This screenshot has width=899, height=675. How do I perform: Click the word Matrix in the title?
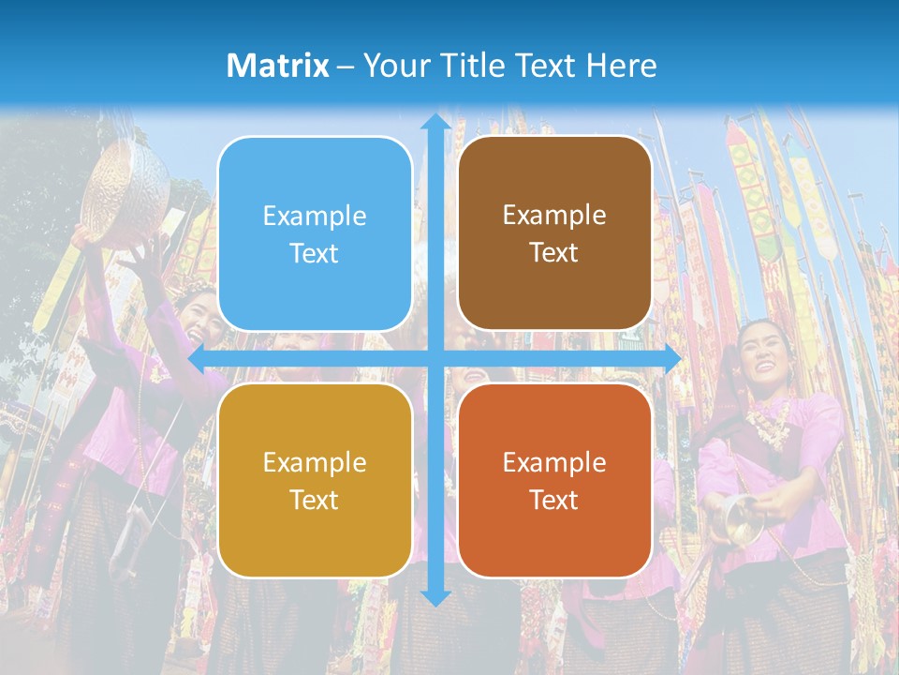[277, 66]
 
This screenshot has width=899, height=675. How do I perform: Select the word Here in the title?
[621, 66]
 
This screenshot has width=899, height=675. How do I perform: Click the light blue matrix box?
[315, 233]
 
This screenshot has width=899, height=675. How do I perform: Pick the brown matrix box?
[554, 233]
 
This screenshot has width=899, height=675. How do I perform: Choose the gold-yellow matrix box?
[315, 480]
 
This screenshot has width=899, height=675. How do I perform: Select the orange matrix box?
[554, 480]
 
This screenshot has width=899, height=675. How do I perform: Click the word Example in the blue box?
[315, 217]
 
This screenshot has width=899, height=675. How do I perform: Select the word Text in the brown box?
[554, 253]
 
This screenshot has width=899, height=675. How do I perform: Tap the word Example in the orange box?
[554, 462]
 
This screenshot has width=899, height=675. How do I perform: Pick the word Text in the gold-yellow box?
[315, 500]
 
